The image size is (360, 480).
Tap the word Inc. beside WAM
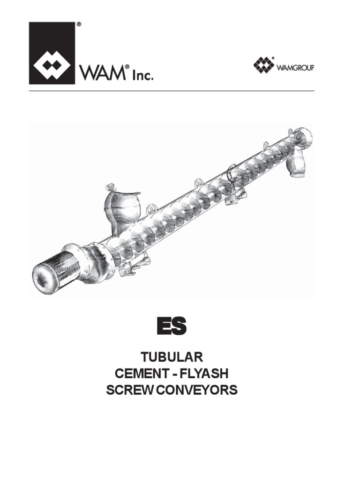tap(142, 75)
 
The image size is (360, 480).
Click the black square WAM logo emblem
tap(52, 52)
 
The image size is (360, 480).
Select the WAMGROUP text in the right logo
tap(297, 67)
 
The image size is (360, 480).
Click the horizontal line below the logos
tap(172, 90)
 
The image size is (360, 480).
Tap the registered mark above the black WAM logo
tap(78, 24)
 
